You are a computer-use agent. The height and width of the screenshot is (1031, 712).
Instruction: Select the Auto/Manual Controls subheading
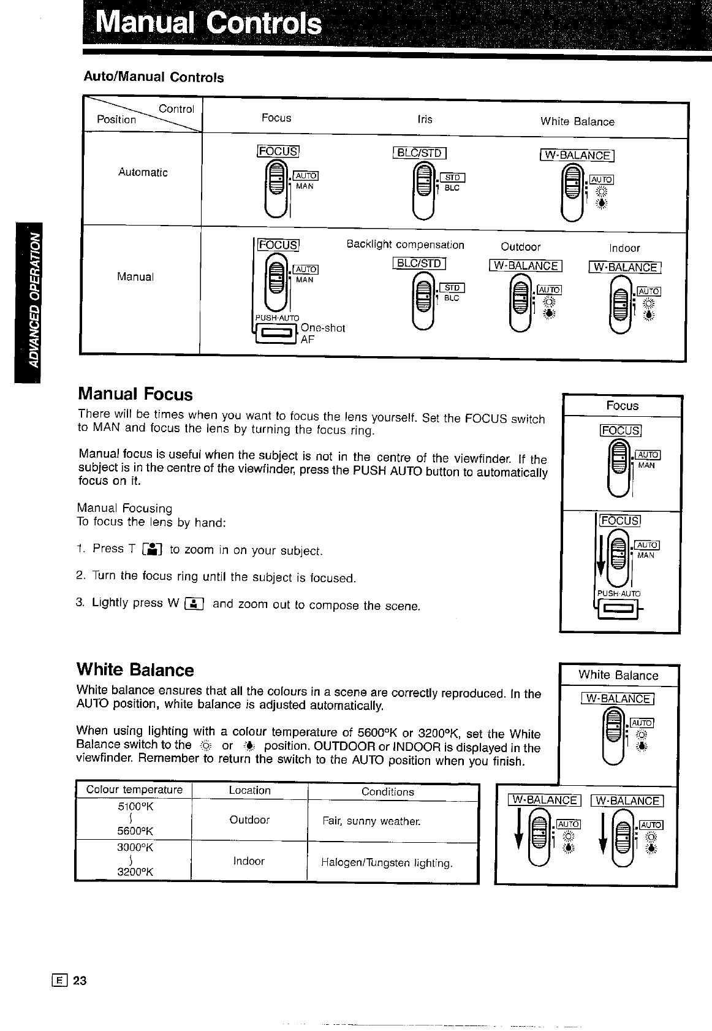click(153, 77)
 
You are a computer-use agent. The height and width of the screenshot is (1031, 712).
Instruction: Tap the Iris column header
click(425, 120)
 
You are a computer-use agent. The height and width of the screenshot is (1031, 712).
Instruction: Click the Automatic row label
click(143, 172)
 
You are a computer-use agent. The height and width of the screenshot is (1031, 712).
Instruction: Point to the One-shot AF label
click(322, 333)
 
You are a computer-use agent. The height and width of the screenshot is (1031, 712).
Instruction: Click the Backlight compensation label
click(405, 245)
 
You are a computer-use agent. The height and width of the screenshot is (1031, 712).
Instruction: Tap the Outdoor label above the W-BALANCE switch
click(520, 247)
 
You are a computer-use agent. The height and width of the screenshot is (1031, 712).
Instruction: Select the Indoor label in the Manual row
click(624, 248)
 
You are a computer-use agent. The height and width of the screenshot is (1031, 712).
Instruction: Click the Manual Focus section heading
click(135, 394)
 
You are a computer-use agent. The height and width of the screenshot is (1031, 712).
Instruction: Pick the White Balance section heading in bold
click(135, 669)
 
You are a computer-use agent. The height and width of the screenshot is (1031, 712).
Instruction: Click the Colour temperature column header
click(134, 789)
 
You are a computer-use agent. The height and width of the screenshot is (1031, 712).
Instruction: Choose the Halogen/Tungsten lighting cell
click(387, 863)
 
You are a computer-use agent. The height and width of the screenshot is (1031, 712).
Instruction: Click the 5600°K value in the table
click(135, 831)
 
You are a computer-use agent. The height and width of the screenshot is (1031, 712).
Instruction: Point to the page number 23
click(80, 980)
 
